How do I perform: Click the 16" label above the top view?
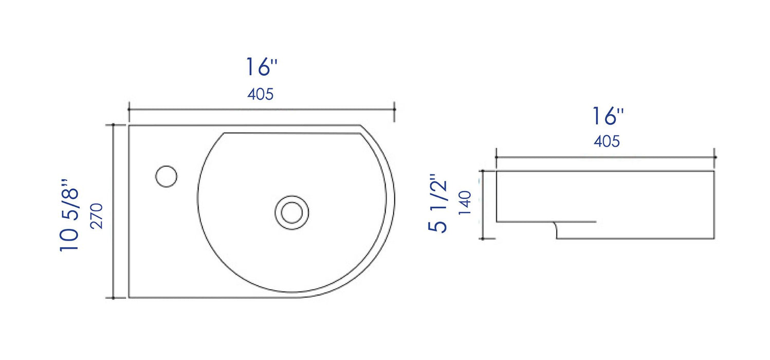click(x=261, y=67)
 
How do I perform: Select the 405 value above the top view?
click(x=261, y=95)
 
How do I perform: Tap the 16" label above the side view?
click(x=607, y=116)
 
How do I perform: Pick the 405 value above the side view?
click(x=607, y=141)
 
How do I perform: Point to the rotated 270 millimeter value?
click(x=97, y=216)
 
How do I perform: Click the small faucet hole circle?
click(x=167, y=176)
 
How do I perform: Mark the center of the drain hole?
click(x=292, y=212)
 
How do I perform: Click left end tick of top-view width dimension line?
click(x=129, y=109)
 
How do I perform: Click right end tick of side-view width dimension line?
click(x=715, y=156)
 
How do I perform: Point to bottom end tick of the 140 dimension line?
click(x=482, y=239)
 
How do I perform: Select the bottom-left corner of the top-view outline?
click(x=129, y=297)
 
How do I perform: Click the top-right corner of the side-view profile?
click(x=714, y=171)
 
